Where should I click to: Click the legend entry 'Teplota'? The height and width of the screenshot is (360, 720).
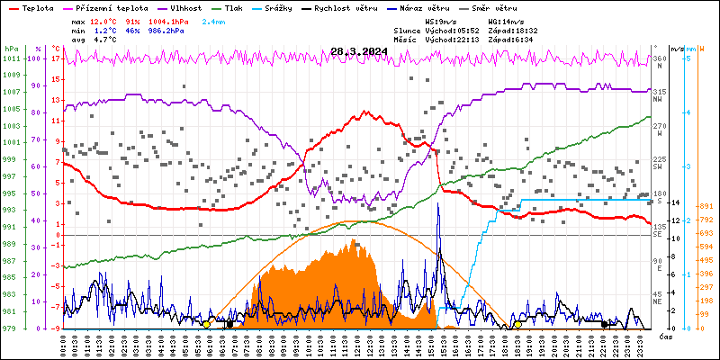pos(37,6)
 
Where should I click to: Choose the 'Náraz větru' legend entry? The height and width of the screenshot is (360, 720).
pos(472,6)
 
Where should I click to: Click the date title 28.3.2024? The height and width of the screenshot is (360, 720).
pos(360,51)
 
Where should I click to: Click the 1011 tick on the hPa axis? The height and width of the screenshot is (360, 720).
pos(11,59)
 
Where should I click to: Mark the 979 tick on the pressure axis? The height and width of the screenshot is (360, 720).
pos(11,328)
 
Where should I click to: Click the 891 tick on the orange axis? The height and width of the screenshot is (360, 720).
pos(707,205)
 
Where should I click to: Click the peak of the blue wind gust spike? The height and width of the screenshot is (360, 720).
pos(438,204)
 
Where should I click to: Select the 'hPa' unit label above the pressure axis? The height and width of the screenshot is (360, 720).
pos(11,48)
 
